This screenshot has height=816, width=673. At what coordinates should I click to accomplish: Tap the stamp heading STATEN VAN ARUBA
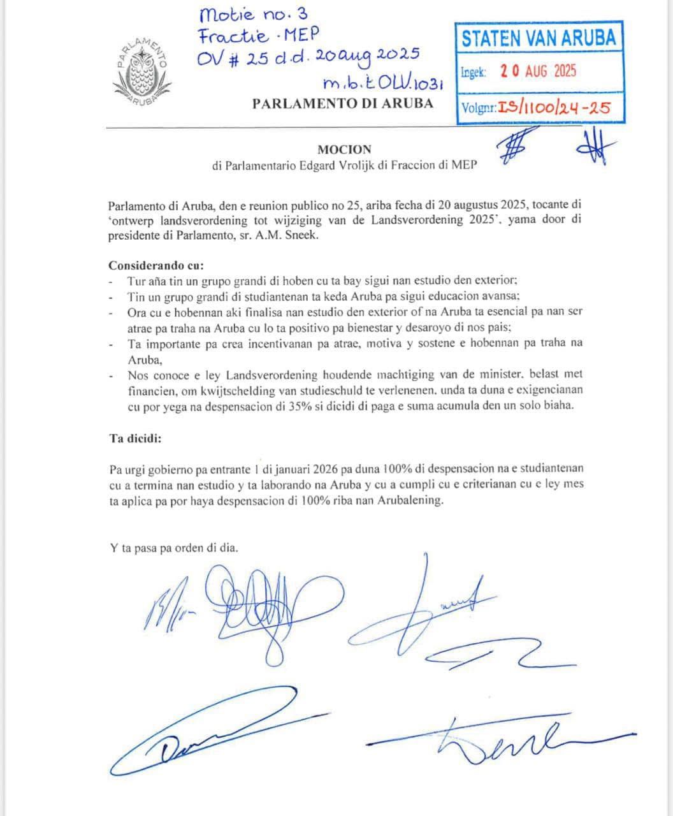[539, 38]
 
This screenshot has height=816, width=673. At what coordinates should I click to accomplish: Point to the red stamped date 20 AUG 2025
[538, 71]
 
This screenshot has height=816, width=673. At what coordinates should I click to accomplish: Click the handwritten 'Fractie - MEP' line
[259, 35]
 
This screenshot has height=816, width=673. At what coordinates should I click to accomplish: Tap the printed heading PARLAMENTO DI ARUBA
[343, 103]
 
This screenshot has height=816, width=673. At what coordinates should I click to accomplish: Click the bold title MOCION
[344, 150]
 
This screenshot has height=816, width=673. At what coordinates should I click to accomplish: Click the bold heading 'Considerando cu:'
[156, 265]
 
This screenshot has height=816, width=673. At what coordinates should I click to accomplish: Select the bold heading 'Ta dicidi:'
[136, 439]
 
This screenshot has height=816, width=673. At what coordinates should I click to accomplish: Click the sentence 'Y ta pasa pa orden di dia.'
[174, 548]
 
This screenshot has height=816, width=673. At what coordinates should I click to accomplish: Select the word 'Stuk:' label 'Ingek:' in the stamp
[474, 72]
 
